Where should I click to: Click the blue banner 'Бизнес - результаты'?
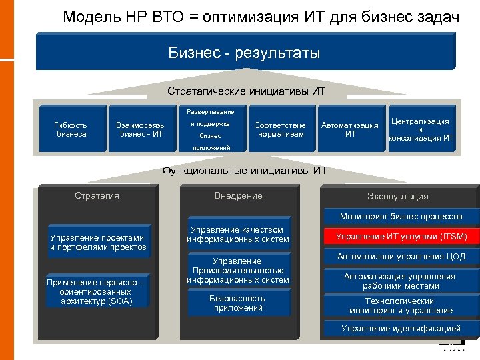click(244, 52)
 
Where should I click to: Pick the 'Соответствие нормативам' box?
click(280, 129)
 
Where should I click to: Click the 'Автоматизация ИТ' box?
click(350, 129)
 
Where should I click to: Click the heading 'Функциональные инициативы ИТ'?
click(245, 171)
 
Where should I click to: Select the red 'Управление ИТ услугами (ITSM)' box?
click(401, 237)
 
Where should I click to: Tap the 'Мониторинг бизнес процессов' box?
click(401, 217)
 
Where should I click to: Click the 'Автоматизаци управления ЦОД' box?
click(401, 257)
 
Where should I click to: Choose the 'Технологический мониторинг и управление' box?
click(401, 306)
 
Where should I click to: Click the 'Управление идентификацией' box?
click(401, 328)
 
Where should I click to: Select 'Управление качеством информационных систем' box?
click(238, 234)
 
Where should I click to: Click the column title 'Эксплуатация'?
click(397, 196)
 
